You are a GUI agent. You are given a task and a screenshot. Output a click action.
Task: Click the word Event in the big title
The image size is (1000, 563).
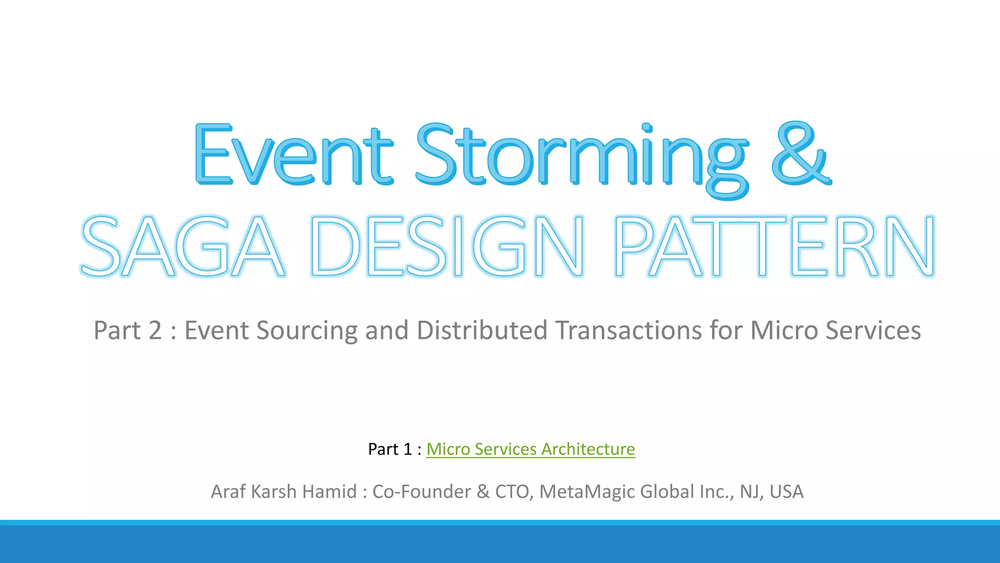[293, 155]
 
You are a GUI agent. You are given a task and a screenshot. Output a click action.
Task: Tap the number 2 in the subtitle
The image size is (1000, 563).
[155, 330]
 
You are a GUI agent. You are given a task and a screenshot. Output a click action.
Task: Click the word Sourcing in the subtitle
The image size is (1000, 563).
[307, 330]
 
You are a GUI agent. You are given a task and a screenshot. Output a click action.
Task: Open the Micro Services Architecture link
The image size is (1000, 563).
[530, 449]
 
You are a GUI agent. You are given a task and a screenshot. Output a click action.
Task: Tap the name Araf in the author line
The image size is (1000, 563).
[228, 492]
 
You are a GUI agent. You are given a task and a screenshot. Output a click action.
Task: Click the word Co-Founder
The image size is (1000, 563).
[421, 492]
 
